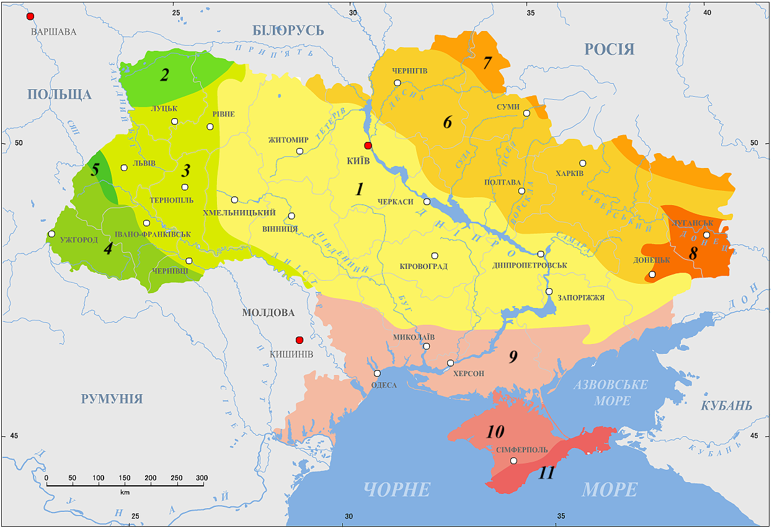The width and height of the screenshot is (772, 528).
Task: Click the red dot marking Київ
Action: tap(368, 146)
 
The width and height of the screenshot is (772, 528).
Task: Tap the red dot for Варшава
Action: tap(30, 16)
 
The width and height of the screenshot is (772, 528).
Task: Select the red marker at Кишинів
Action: tap(299, 340)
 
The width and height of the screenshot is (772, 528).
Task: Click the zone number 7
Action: tap(487, 63)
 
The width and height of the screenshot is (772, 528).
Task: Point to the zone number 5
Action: tap(95, 170)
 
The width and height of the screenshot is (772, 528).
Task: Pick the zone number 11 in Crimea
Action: tap(546, 473)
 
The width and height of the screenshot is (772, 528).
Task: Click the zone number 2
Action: tap(164, 76)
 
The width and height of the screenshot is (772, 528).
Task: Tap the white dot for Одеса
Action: tap(377, 374)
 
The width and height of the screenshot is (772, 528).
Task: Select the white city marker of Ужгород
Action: tap(52, 234)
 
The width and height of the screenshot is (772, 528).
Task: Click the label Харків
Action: tap(570, 174)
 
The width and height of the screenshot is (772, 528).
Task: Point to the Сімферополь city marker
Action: tap(513, 460)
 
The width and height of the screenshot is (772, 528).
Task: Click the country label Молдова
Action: tap(268, 313)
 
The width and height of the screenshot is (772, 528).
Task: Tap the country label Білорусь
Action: tap(288, 30)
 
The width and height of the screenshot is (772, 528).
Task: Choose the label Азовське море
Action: tap(611, 393)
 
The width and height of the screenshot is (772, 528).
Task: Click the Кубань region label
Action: tap(726, 406)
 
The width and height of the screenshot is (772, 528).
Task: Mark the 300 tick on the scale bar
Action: tap(202, 485)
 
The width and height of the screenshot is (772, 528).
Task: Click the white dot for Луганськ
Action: tap(706, 235)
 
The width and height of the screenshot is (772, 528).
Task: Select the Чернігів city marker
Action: tap(397, 83)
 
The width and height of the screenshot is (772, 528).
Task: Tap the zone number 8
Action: tap(693, 253)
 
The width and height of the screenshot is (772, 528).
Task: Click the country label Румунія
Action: tap(112, 398)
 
